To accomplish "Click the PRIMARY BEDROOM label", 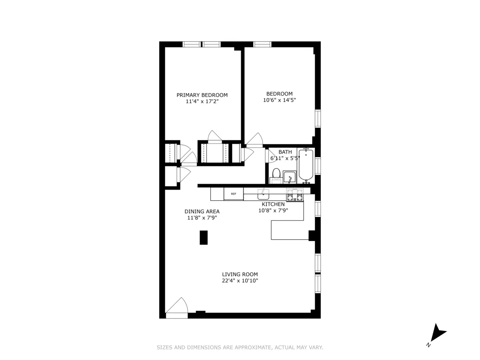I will [x=202, y=95].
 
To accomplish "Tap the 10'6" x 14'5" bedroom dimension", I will [x=279, y=100].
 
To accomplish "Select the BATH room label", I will [x=285, y=152].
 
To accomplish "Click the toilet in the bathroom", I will [x=276, y=174].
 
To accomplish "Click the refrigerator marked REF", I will [x=234, y=194].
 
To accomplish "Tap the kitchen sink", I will [x=263, y=195].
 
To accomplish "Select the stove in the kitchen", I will [x=295, y=195].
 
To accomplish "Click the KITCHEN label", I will [x=273, y=204].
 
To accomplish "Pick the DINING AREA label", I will [x=202, y=212].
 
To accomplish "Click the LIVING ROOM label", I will [x=240, y=274].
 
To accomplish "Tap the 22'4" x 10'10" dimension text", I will [x=240, y=281].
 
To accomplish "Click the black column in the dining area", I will [x=204, y=237].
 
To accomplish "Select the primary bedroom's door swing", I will [x=215, y=136].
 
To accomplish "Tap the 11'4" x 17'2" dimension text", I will [x=202, y=102].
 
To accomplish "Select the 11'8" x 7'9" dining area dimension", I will [x=202, y=218].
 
